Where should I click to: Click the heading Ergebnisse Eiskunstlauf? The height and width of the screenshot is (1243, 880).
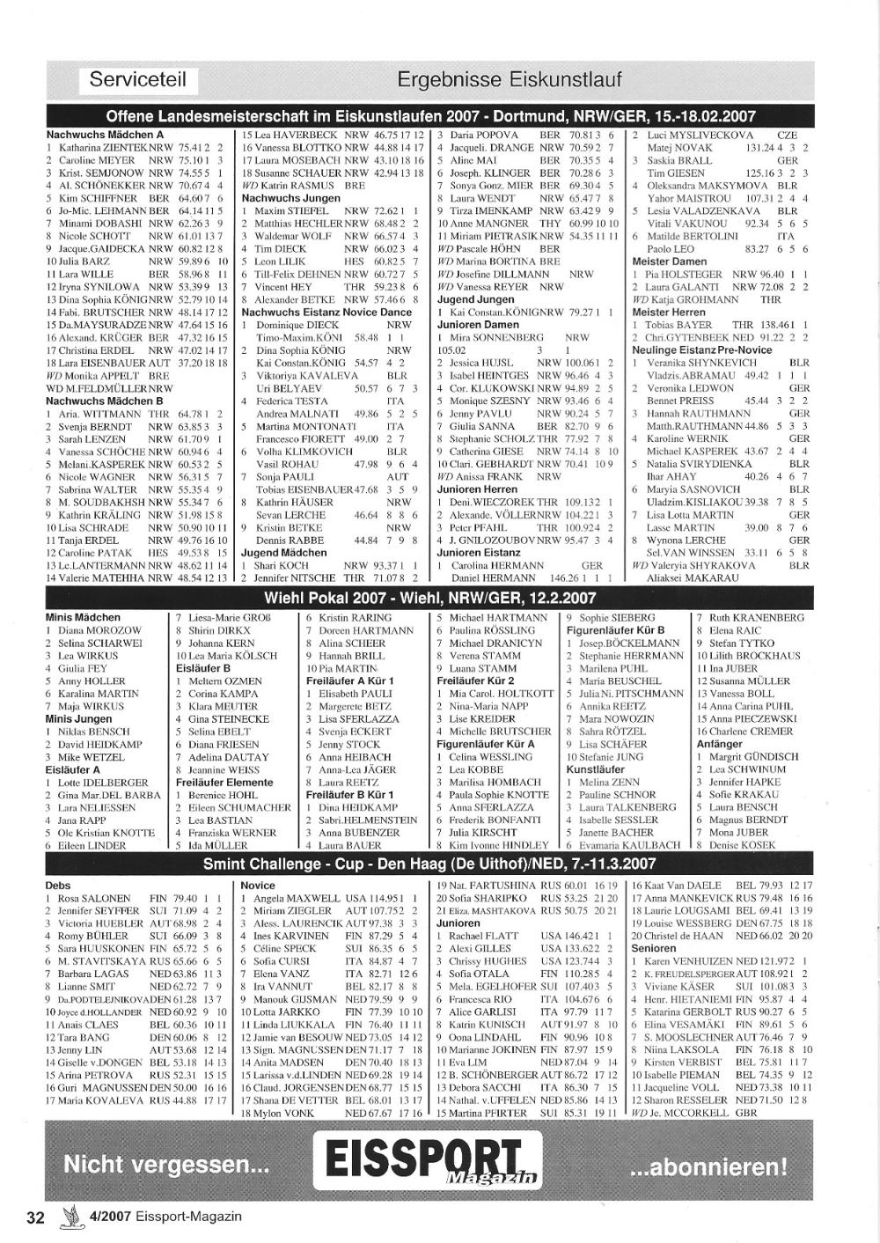[x=510, y=80]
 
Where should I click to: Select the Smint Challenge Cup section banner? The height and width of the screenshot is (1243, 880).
[x=429, y=864]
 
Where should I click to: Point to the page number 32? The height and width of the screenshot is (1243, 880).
[x=35, y=1217]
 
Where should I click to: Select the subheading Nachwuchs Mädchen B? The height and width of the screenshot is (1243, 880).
[x=105, y=401]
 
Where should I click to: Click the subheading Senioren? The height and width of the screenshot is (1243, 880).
[x=653, y=948]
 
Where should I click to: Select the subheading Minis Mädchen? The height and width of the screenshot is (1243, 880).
[x=83, y=618]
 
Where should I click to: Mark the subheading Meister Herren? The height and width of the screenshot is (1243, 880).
[x=669, y=312]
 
